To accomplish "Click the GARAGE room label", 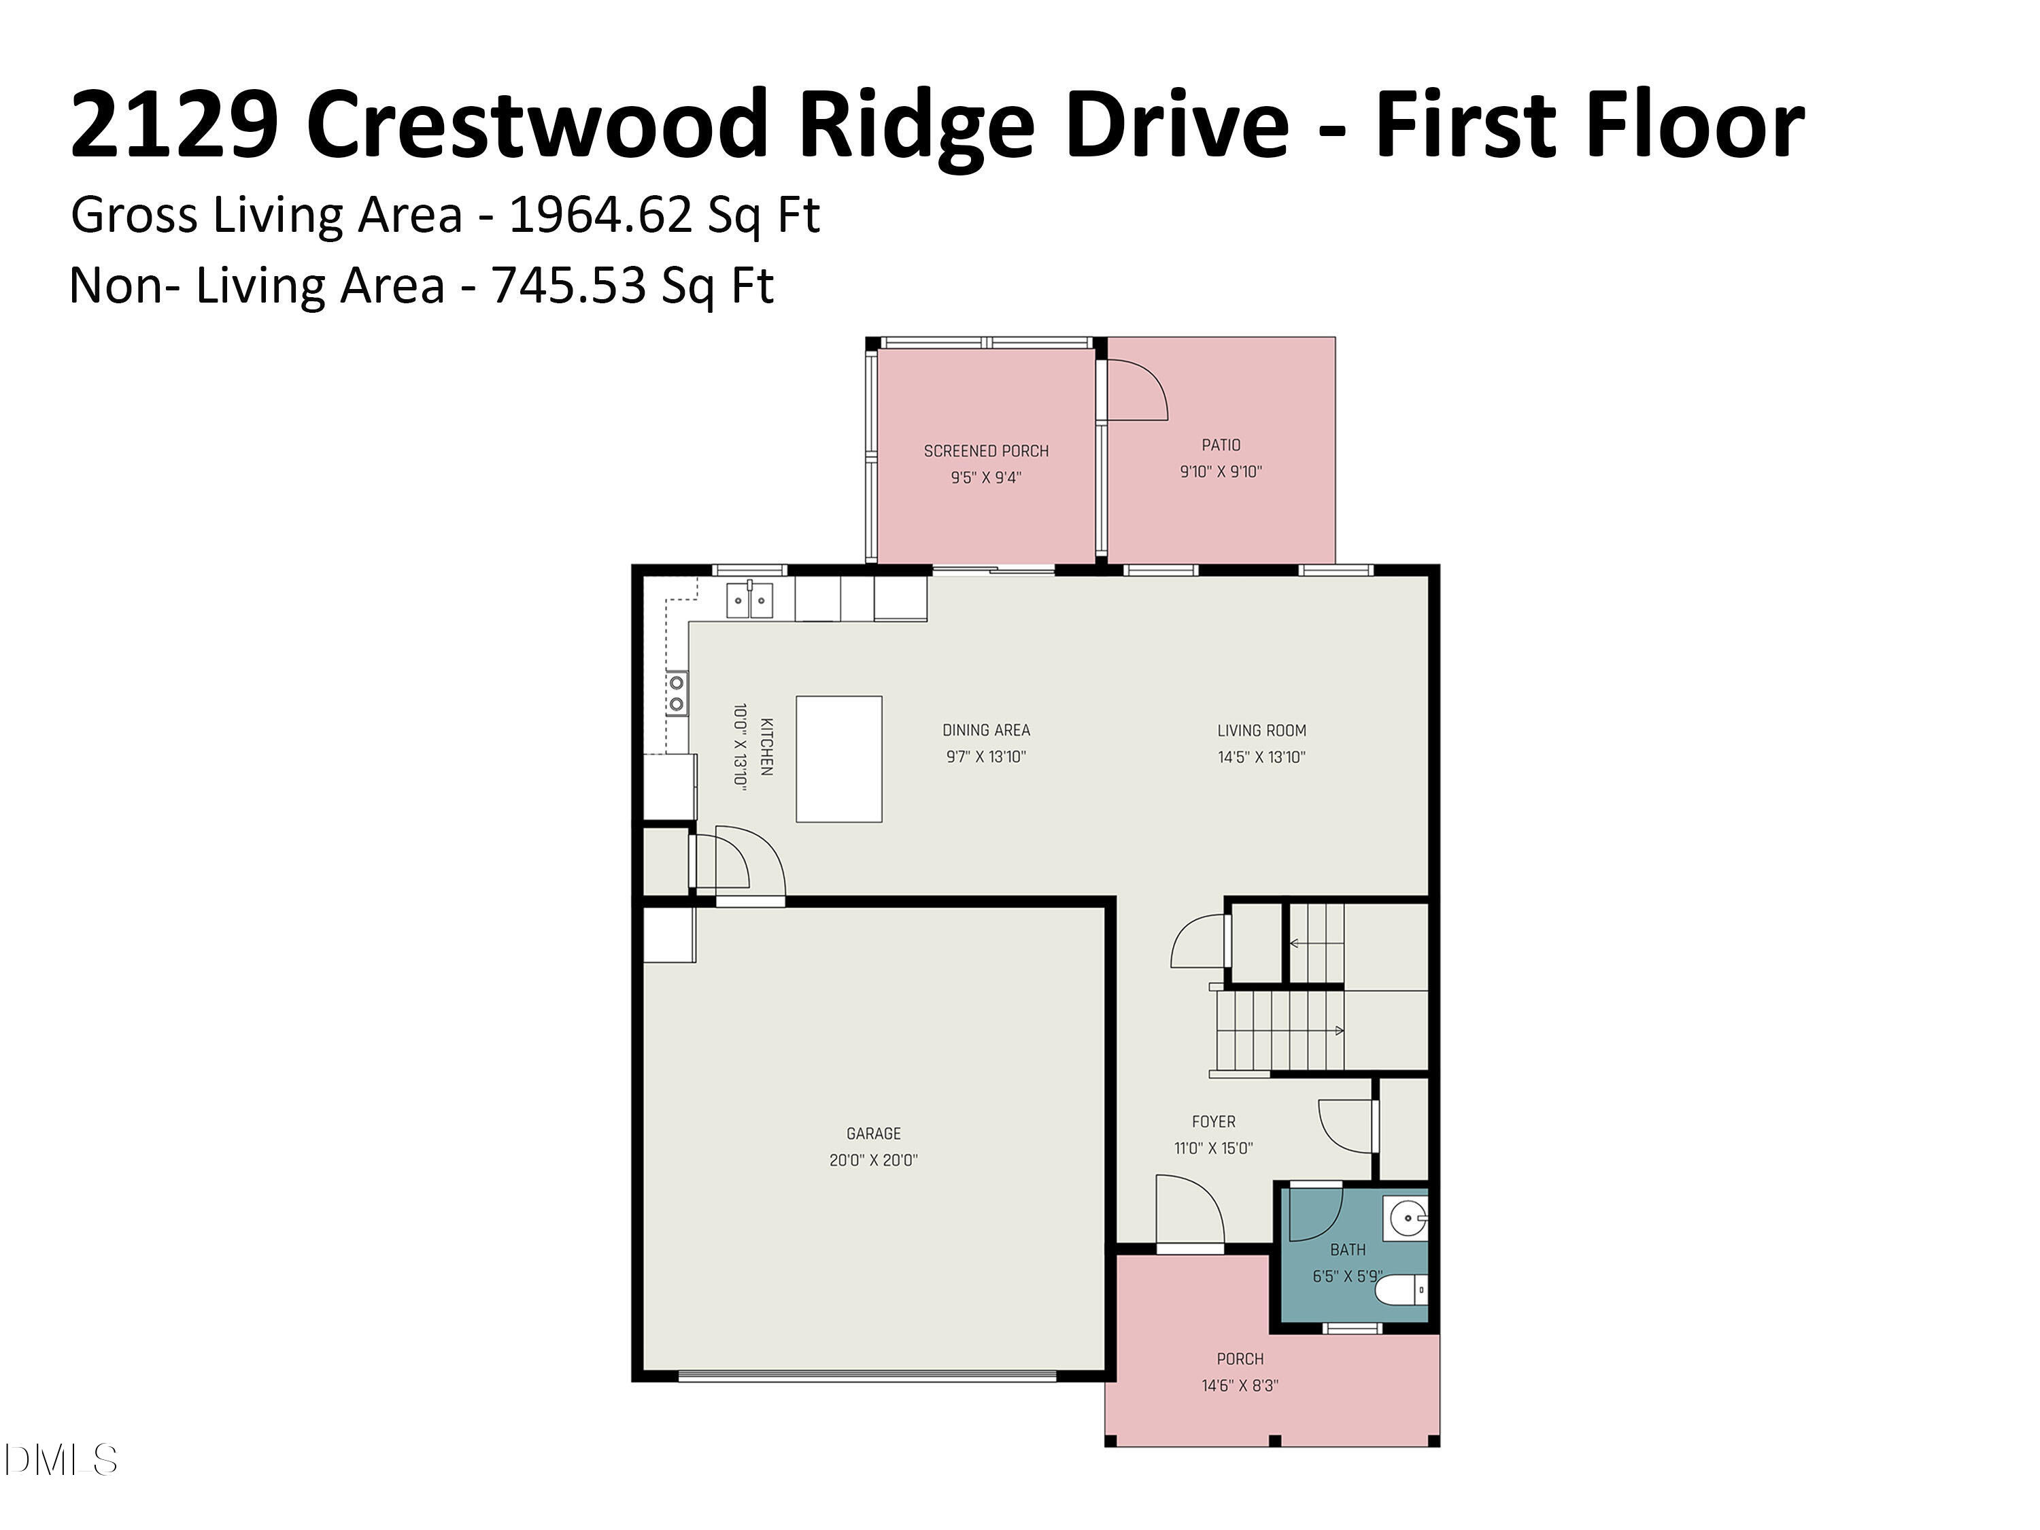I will pos(873,1134).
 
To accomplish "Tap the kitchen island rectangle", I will pos(838,758).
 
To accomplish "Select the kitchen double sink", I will pos(749,600).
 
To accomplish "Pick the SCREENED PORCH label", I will pos(986,451).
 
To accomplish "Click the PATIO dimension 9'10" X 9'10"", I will pos(1221,471).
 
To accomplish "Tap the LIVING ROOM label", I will pos(1261,730).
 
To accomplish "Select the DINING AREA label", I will pos(986,730).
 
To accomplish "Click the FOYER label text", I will pos(1212,1121).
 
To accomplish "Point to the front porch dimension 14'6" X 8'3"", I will pos(1240,1385).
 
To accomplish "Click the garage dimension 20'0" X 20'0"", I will pos(873,1160).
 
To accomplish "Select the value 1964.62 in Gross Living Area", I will pos(600,215).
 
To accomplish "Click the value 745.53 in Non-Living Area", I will pos(567,285).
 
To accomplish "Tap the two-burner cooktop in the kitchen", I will pos(677,693).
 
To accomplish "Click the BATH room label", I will pos(1347,1250).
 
